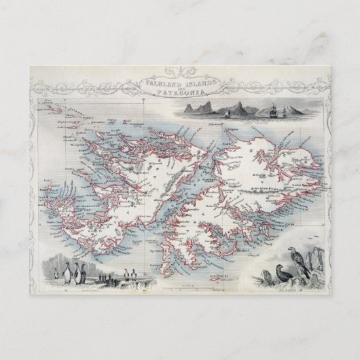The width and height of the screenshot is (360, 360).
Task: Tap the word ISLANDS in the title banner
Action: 196,82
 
